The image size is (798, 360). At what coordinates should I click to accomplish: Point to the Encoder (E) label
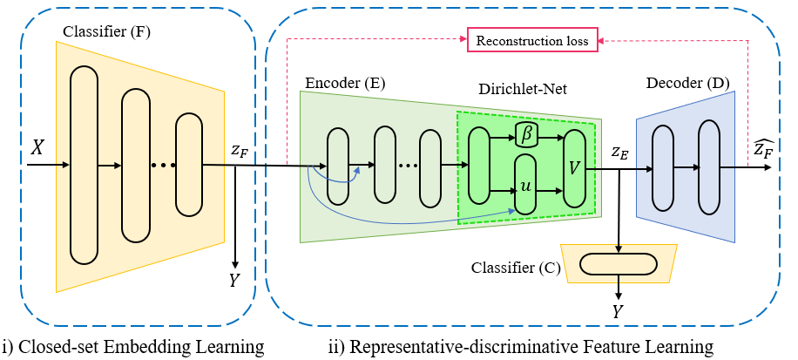(x=345, y=83)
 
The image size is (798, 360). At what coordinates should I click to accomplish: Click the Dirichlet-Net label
(x=520, y=89)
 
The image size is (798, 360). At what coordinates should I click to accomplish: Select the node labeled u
(x=525, y=185)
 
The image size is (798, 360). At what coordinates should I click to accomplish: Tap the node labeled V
(x=574, y=167)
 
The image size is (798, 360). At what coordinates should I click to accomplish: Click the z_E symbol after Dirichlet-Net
(x=619, y=153)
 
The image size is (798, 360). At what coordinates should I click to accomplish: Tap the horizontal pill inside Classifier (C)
(x=619, y=263)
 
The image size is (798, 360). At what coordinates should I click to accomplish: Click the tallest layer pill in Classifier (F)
(x=85, y=164)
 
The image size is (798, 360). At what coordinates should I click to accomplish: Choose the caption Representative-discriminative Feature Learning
(x=520, y=347)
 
